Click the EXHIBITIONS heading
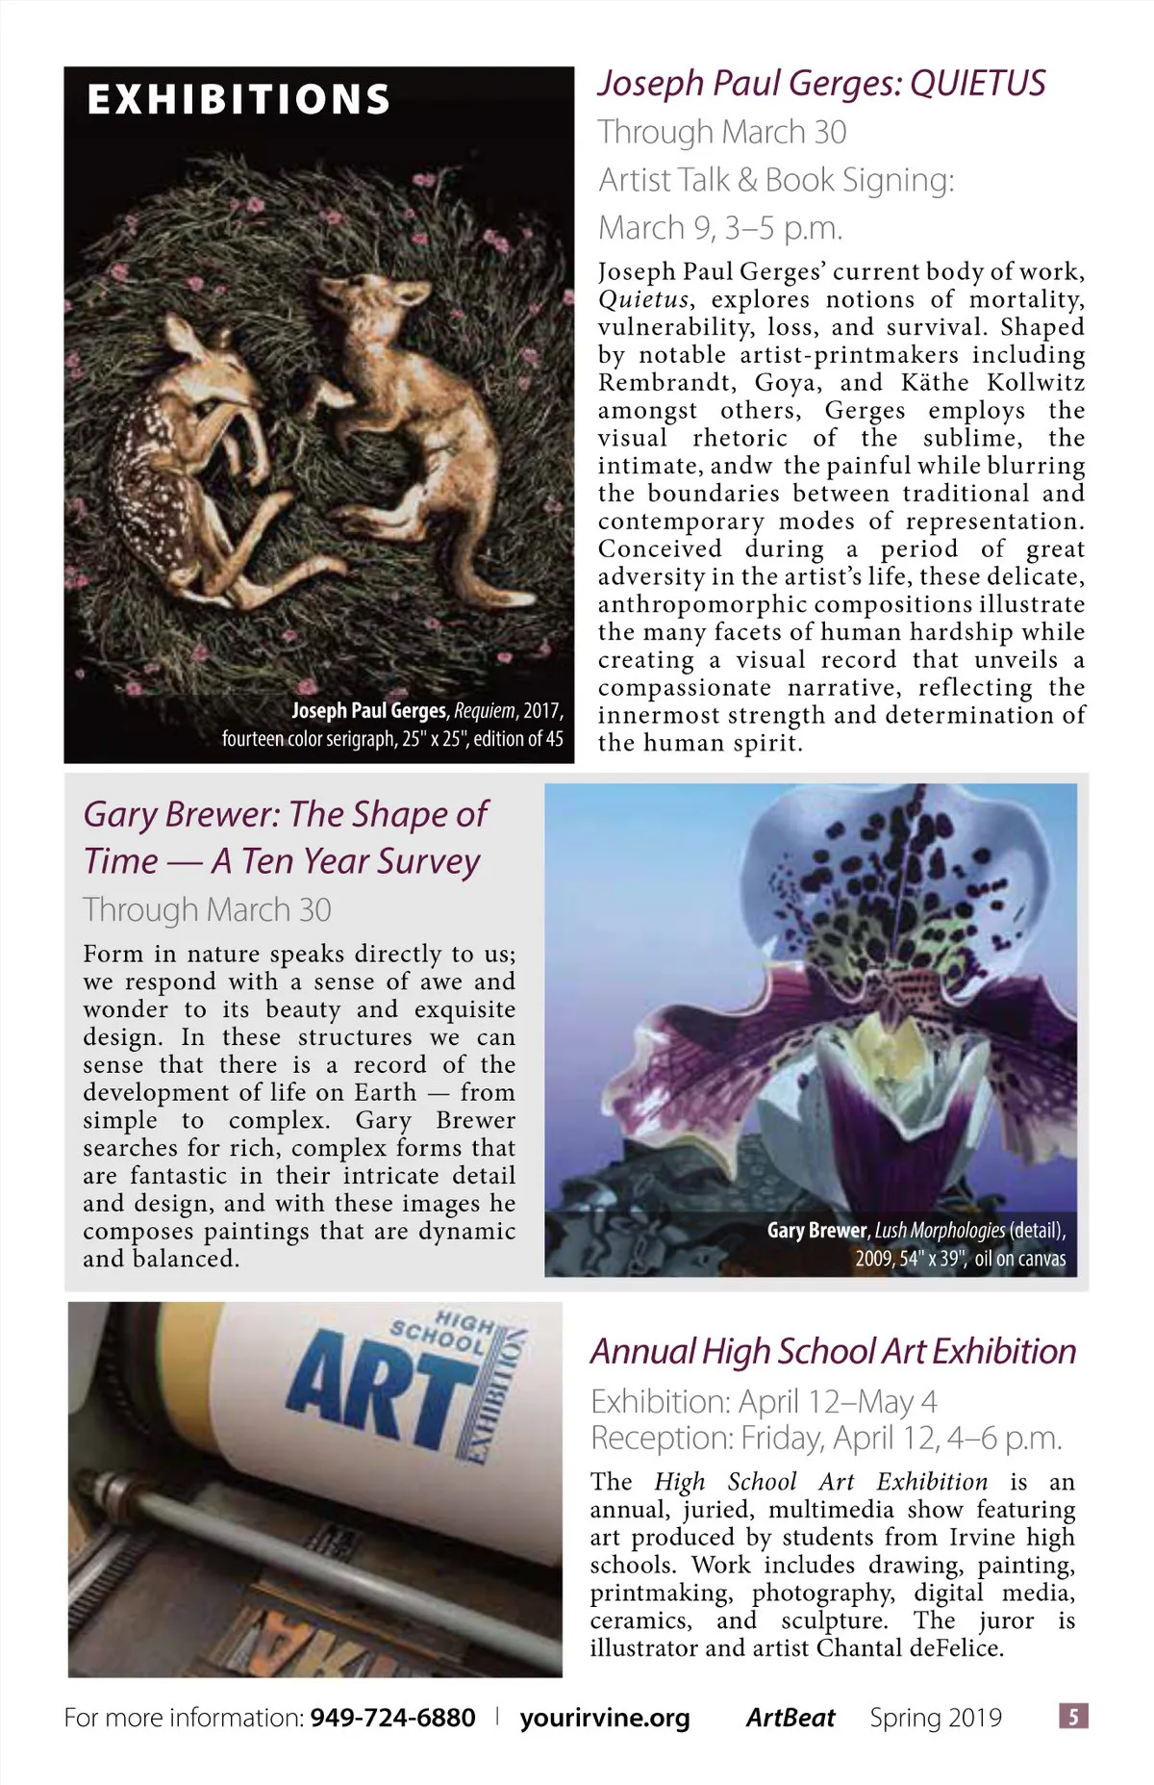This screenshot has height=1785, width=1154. pos(238,99)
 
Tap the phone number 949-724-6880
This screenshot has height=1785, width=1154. pos(392,1718)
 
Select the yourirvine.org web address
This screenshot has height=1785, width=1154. pos(605,1718)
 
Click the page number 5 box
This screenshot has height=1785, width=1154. pos(1073,1716)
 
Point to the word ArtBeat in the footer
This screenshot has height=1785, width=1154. pos(790,1718)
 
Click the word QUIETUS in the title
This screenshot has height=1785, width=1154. pos(977,84)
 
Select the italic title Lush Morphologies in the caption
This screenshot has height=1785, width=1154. pos(940,1231)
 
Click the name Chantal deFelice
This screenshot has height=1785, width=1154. pos(910,1647)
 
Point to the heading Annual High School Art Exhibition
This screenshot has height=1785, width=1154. pos(833,1352)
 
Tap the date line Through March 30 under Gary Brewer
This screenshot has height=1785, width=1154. pos(207,909)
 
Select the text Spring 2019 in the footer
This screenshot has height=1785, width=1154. pos(936,1718)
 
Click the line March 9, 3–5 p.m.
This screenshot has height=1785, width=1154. pos(720,228)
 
